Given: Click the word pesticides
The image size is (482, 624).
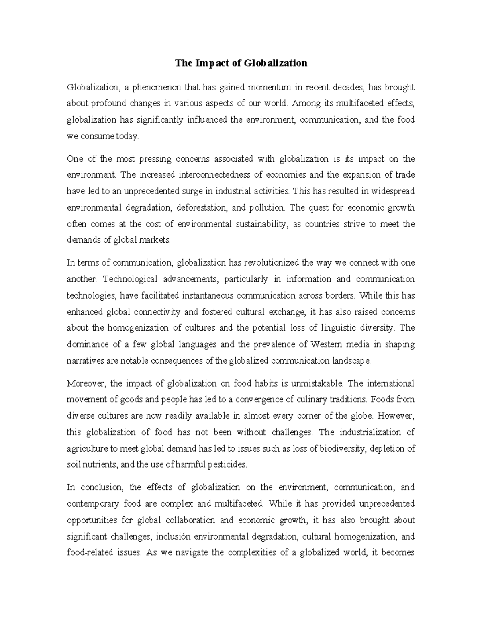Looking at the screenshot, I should pos(228,465).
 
